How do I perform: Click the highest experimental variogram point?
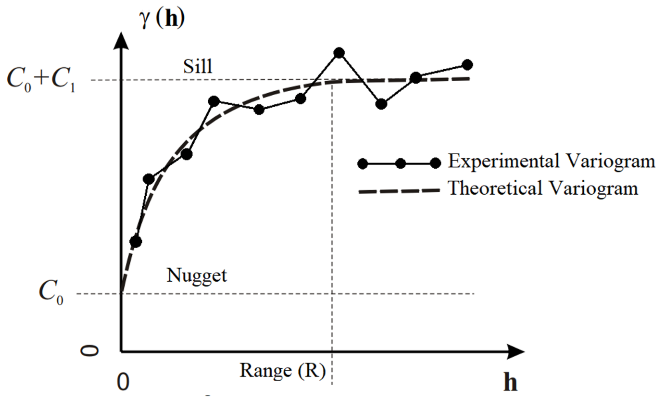(x=339, y=53)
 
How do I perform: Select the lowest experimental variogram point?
(x=136, y=242)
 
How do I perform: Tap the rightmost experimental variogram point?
(x=467, y=65)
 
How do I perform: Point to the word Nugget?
(x=197, y=276)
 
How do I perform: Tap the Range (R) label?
(x=283, y=371)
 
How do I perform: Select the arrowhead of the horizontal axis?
(x=516, y=352)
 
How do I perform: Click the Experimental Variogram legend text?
(x=551, y=162)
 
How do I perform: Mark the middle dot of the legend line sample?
(x=400, y=163)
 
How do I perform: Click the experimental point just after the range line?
(x=339, y=53)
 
